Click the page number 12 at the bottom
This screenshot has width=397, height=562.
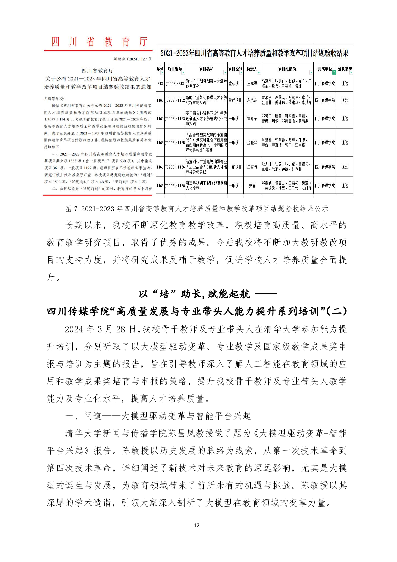click(x=196, y=525)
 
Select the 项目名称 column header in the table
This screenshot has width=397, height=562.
click(x=206, y=69)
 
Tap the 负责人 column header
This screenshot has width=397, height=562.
click(x=252, y=69)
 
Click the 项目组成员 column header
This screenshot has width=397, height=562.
click(x=287, y=69)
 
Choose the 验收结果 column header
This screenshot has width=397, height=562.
click(x=344, y=69)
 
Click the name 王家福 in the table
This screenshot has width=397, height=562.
click(x=252, y=83)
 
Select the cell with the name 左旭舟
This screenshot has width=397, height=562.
click(x=252, y=100)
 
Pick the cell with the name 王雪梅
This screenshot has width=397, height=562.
click(x=252, y=167)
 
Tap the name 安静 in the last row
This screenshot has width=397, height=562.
click(x=252, y=186)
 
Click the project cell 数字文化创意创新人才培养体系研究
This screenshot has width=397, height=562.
click(x=206, y=83)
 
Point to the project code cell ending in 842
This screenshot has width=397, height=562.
click(x=175, y=83)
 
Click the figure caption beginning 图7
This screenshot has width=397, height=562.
click(x=197, y=209)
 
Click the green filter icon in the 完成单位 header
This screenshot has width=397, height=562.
click(x=334, y=72)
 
